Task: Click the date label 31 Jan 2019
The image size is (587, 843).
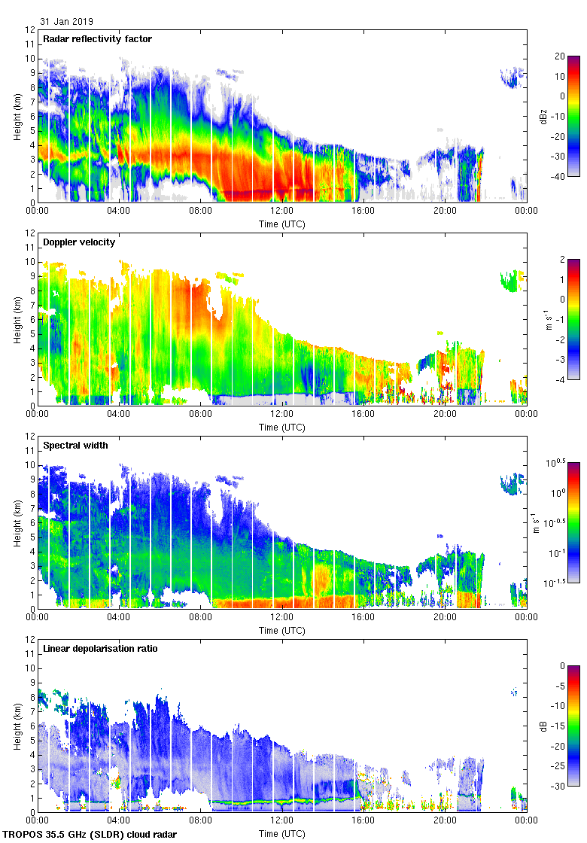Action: [x=67, y=22]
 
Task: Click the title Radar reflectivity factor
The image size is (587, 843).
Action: [x=98, y=39]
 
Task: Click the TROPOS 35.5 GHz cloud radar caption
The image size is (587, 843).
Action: [x=91, y=834]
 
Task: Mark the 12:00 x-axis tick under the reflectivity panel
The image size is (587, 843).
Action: [x=281, y=212]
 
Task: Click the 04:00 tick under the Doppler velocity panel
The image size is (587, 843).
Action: [x=119, y=415]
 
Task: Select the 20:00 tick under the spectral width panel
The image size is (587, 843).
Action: [x=444, y=618]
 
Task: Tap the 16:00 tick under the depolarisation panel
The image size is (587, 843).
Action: [x=363, y=821]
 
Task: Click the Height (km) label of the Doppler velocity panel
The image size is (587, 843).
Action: [x=17, y=320]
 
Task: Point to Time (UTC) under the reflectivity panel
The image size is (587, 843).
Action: [x=281, y=224]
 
